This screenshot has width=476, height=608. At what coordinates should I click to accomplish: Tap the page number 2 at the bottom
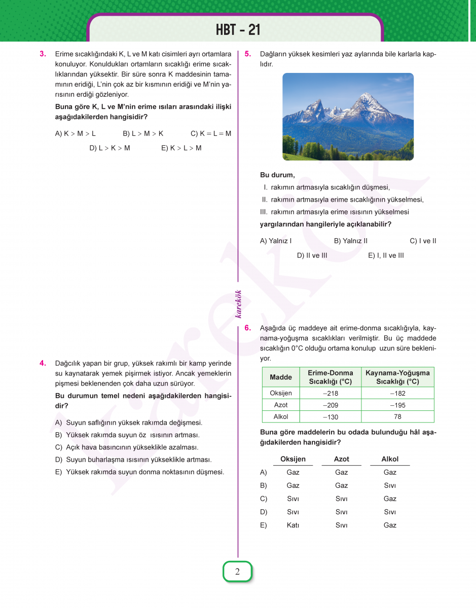tap(237, 572)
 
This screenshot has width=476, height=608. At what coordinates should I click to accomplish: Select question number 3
tap(43, 54)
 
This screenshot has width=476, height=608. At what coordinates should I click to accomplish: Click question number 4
tap(43, 363)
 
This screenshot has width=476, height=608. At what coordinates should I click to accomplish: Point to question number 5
tap(247, 54)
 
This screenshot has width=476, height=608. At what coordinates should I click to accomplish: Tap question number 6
tap(247, 328)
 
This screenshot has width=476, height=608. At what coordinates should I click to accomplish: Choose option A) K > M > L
tap(75, 134)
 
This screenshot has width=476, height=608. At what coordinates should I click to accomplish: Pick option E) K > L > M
tap(181, 148)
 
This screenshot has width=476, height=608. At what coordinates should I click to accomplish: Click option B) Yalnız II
tap(351, 241)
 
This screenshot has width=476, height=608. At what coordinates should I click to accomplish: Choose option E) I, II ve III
tap(386, 255)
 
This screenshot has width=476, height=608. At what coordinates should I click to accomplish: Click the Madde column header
tap(281, 377)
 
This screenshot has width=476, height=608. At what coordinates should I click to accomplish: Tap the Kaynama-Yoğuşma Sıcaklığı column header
tap(397, 377)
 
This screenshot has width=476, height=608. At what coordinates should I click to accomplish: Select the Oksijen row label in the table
tap(281, 393)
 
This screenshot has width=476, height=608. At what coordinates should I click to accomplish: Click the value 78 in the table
tap(397, 416)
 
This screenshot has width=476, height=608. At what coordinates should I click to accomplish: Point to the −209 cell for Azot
tap(331, 405)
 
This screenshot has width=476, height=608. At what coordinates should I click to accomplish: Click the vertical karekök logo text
tap(238, 304)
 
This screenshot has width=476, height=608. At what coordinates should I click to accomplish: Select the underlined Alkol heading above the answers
tap(390, 459)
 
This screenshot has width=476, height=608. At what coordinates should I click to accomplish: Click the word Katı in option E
tap(293, 525)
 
